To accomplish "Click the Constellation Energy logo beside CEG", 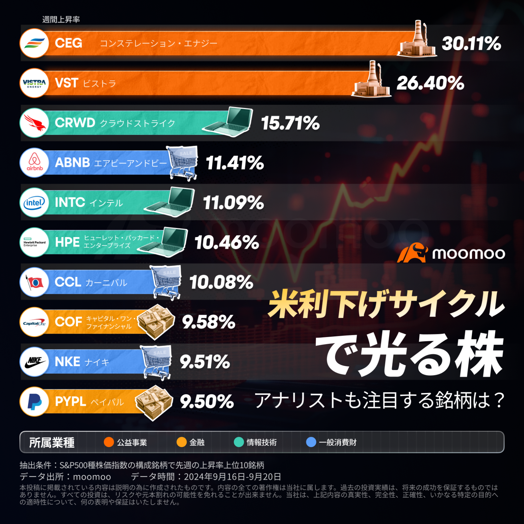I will point(34,43).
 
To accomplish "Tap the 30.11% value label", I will point(471,44).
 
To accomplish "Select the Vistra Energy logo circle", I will point(34,83).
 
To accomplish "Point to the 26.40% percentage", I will point(430,83).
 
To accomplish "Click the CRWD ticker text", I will point(75,123).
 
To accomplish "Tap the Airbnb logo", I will point(34,163).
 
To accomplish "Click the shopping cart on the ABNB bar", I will point(183,163).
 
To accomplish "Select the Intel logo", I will point(34,203).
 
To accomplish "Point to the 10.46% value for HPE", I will point(227,243).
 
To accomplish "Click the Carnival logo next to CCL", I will point(34,282).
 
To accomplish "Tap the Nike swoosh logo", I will point(34,362).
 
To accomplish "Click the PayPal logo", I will point(34,402).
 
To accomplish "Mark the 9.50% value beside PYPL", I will point(207,402).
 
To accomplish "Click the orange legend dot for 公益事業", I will point(109,442).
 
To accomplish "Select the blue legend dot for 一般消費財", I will point(311,442).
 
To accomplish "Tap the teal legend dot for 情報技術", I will point(239,442).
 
